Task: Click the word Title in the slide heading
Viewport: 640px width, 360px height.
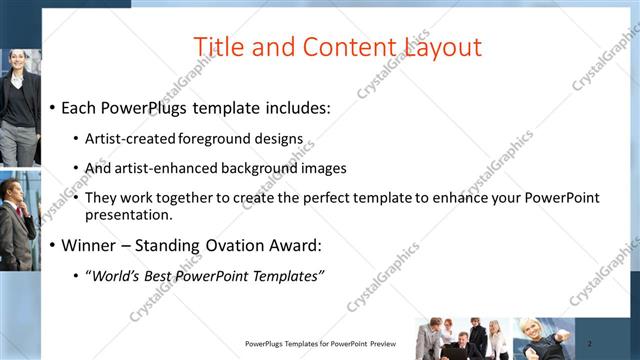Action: (217, 47)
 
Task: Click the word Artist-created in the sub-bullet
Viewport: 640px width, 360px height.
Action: (130, 139)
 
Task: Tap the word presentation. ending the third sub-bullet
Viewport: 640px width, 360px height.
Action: (129, 214)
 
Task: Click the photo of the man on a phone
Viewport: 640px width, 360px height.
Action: (17, 220)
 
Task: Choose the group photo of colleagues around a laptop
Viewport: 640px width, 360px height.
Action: (463, 339)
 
